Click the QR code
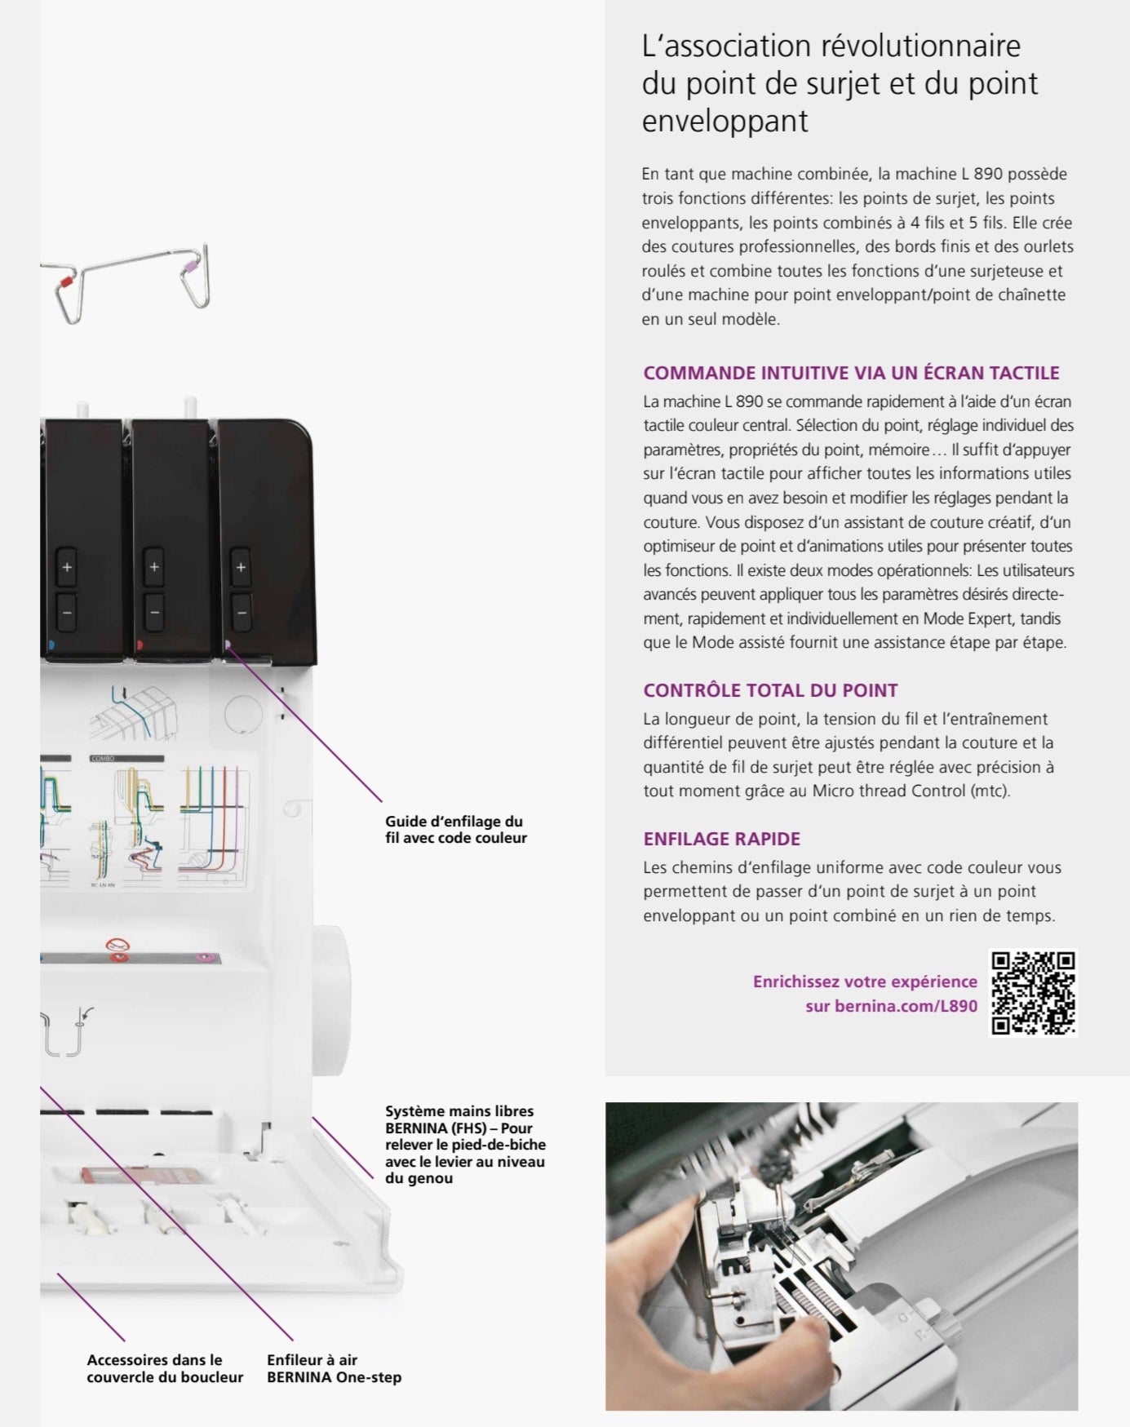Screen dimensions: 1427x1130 click(1034, 993)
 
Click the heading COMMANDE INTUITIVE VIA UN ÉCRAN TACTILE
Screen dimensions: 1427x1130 click(850, 373)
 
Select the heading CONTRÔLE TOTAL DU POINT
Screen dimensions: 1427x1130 click(769, 690)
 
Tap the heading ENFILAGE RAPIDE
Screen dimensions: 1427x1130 click(721, 839)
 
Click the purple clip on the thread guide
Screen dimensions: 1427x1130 click(190, 267)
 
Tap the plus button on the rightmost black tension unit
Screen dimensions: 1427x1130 click(240, 567)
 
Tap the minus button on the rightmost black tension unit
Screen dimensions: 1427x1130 click(240, 612)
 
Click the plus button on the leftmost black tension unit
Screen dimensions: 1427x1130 click(67, 567)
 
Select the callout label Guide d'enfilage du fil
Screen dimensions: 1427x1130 click(455, 830)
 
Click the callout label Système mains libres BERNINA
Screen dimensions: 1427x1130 click(464, 1144)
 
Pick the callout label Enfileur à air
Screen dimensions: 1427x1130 click(334, 1368)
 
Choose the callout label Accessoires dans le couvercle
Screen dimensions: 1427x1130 click(165, 1368)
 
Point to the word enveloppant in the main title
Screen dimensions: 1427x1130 click(725, 121)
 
